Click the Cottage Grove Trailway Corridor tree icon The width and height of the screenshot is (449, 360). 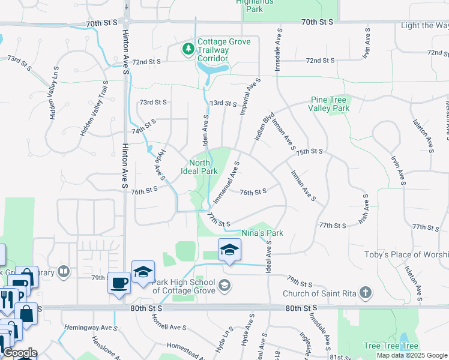(188, 48)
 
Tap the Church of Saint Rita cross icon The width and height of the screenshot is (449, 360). (365, 293)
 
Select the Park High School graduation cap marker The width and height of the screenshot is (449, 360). (229, 250)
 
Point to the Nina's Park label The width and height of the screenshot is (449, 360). (262, 233)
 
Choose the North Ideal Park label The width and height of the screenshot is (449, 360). (199, 167)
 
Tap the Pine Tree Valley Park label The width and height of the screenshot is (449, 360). (329, 104)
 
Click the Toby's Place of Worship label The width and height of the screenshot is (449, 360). (406, 254)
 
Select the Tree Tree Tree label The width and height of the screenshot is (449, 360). (391, 346)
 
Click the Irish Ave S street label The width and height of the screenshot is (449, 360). (364, 209)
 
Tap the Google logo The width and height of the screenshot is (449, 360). (20, 353)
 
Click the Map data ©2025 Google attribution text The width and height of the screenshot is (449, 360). (412, 355)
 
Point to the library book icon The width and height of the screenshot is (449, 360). (62, 272)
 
